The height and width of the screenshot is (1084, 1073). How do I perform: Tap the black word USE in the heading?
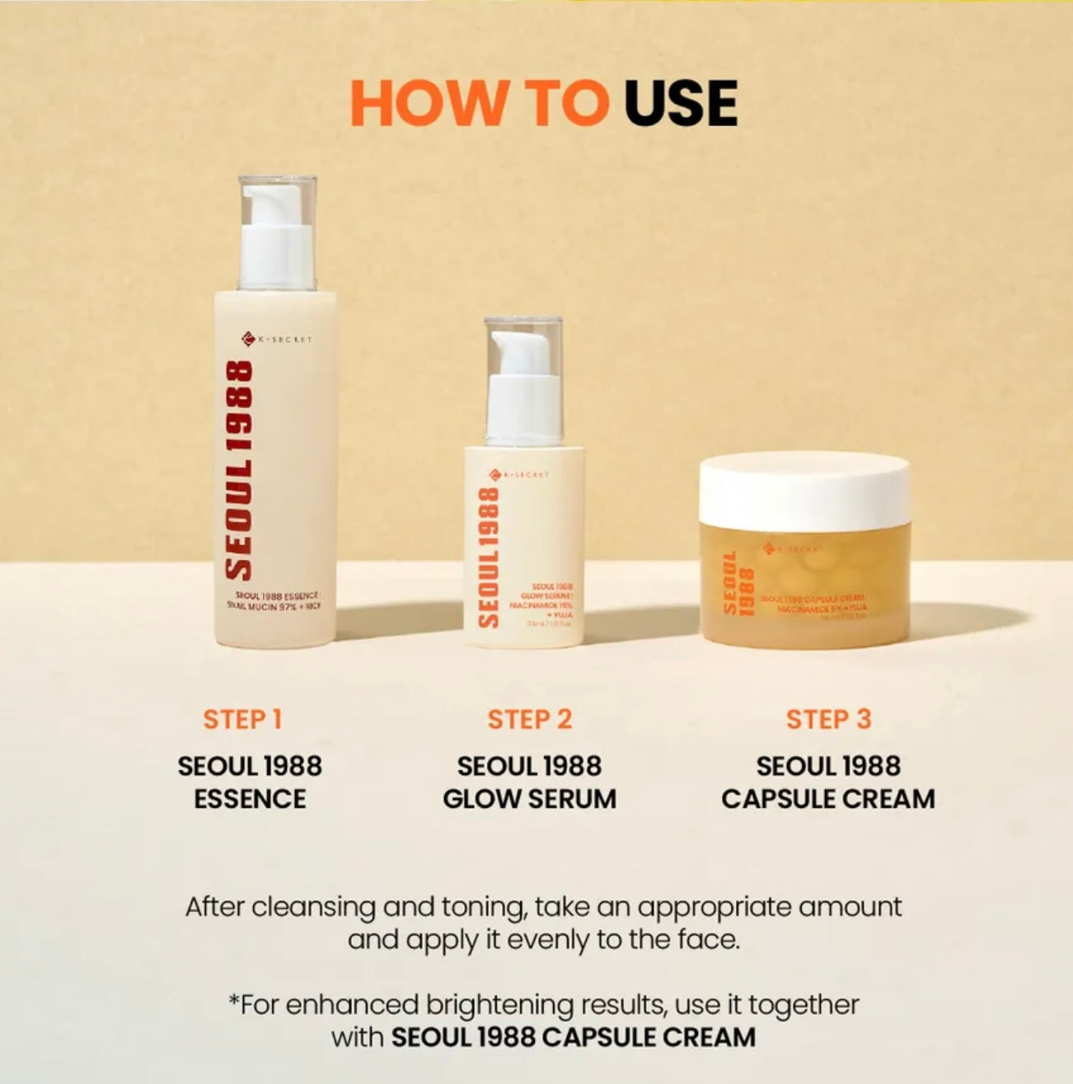pyautogui.click(x=680, y=103)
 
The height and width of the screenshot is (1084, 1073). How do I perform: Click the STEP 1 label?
pyautogui.click(x=243, y=719)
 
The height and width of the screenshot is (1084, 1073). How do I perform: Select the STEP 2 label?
pyautogui.click(x=529, y=719)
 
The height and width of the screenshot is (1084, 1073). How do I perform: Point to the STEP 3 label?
pyautogui.click(x=828, y=719)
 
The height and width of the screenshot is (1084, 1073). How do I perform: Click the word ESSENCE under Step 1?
pyautogui.click(x=250, y=799)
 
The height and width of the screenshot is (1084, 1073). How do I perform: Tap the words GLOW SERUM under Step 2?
pyautogui.click(x=529, y=799)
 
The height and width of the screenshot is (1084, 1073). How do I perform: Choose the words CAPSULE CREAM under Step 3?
pyautogui.click(x=828, y=799)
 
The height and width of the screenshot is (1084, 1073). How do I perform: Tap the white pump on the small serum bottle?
pyautogui.click(x=524, y=387)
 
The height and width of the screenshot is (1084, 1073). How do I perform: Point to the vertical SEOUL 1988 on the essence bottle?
pyautogui.click(x=239, y=470)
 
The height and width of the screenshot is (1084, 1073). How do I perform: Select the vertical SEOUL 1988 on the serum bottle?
pyautogui.click(x=489, y=556)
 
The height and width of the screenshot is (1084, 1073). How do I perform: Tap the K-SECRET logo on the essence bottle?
pyautogui.click(x=277, y=339)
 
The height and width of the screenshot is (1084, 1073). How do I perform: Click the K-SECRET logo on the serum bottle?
pyautogui.click(x=519, y=474)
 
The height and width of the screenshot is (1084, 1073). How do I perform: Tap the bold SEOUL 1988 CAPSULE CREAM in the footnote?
pyautogui.click(x=573, y=1036)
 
